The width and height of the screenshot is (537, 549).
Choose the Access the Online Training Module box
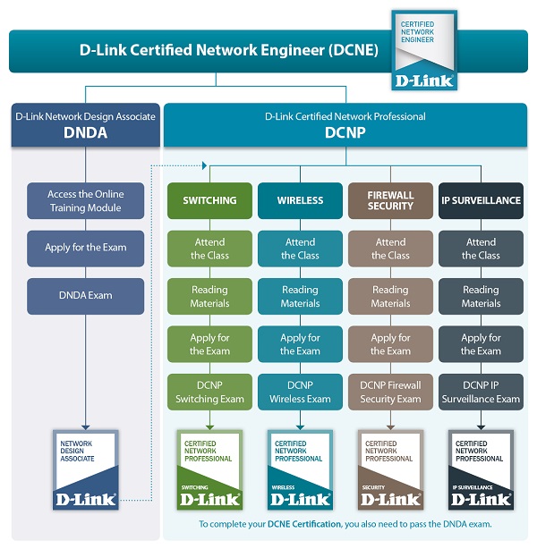[85, 200]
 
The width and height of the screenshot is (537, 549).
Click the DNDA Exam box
[85, 296]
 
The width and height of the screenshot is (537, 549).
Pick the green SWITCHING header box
[209, 200]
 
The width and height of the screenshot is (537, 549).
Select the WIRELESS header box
[300, 200]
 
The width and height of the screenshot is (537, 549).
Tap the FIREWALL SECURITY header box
[390, 200]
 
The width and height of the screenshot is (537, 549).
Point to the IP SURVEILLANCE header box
[481, 200]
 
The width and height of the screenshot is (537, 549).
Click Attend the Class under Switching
[209, 248]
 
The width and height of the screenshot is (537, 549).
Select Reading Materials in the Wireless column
[300, 296]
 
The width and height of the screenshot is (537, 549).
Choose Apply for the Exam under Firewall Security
[390, 344]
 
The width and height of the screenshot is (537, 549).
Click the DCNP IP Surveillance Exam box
[481, 393]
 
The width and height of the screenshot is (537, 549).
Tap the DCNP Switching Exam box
[209, 393]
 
